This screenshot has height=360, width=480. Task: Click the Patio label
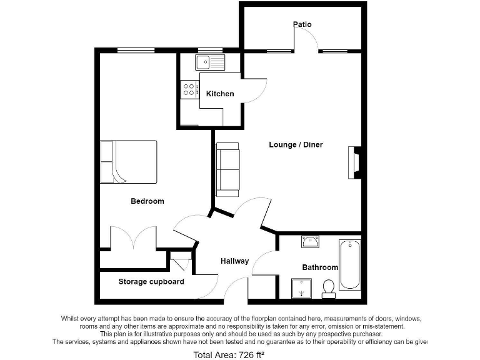point(302,25)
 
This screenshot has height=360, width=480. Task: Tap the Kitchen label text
point(220,94)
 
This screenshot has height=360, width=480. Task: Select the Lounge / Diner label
point(296,145)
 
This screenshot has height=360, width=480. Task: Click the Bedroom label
point(147,201)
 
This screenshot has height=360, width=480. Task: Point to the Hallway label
point(234,261)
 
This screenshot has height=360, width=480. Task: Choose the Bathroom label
point(320,267)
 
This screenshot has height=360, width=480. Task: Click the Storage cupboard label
point(151,282)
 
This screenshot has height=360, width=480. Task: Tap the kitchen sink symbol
point(209,62)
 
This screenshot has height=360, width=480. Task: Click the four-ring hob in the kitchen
point(189,89)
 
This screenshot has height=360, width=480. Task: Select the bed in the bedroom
point(129,162)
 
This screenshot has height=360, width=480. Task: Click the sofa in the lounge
point(227,167)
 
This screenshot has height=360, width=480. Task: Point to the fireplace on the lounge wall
point(355,162)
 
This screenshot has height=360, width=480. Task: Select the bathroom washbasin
point(311,241)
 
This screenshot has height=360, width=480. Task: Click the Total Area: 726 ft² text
point(229,355)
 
